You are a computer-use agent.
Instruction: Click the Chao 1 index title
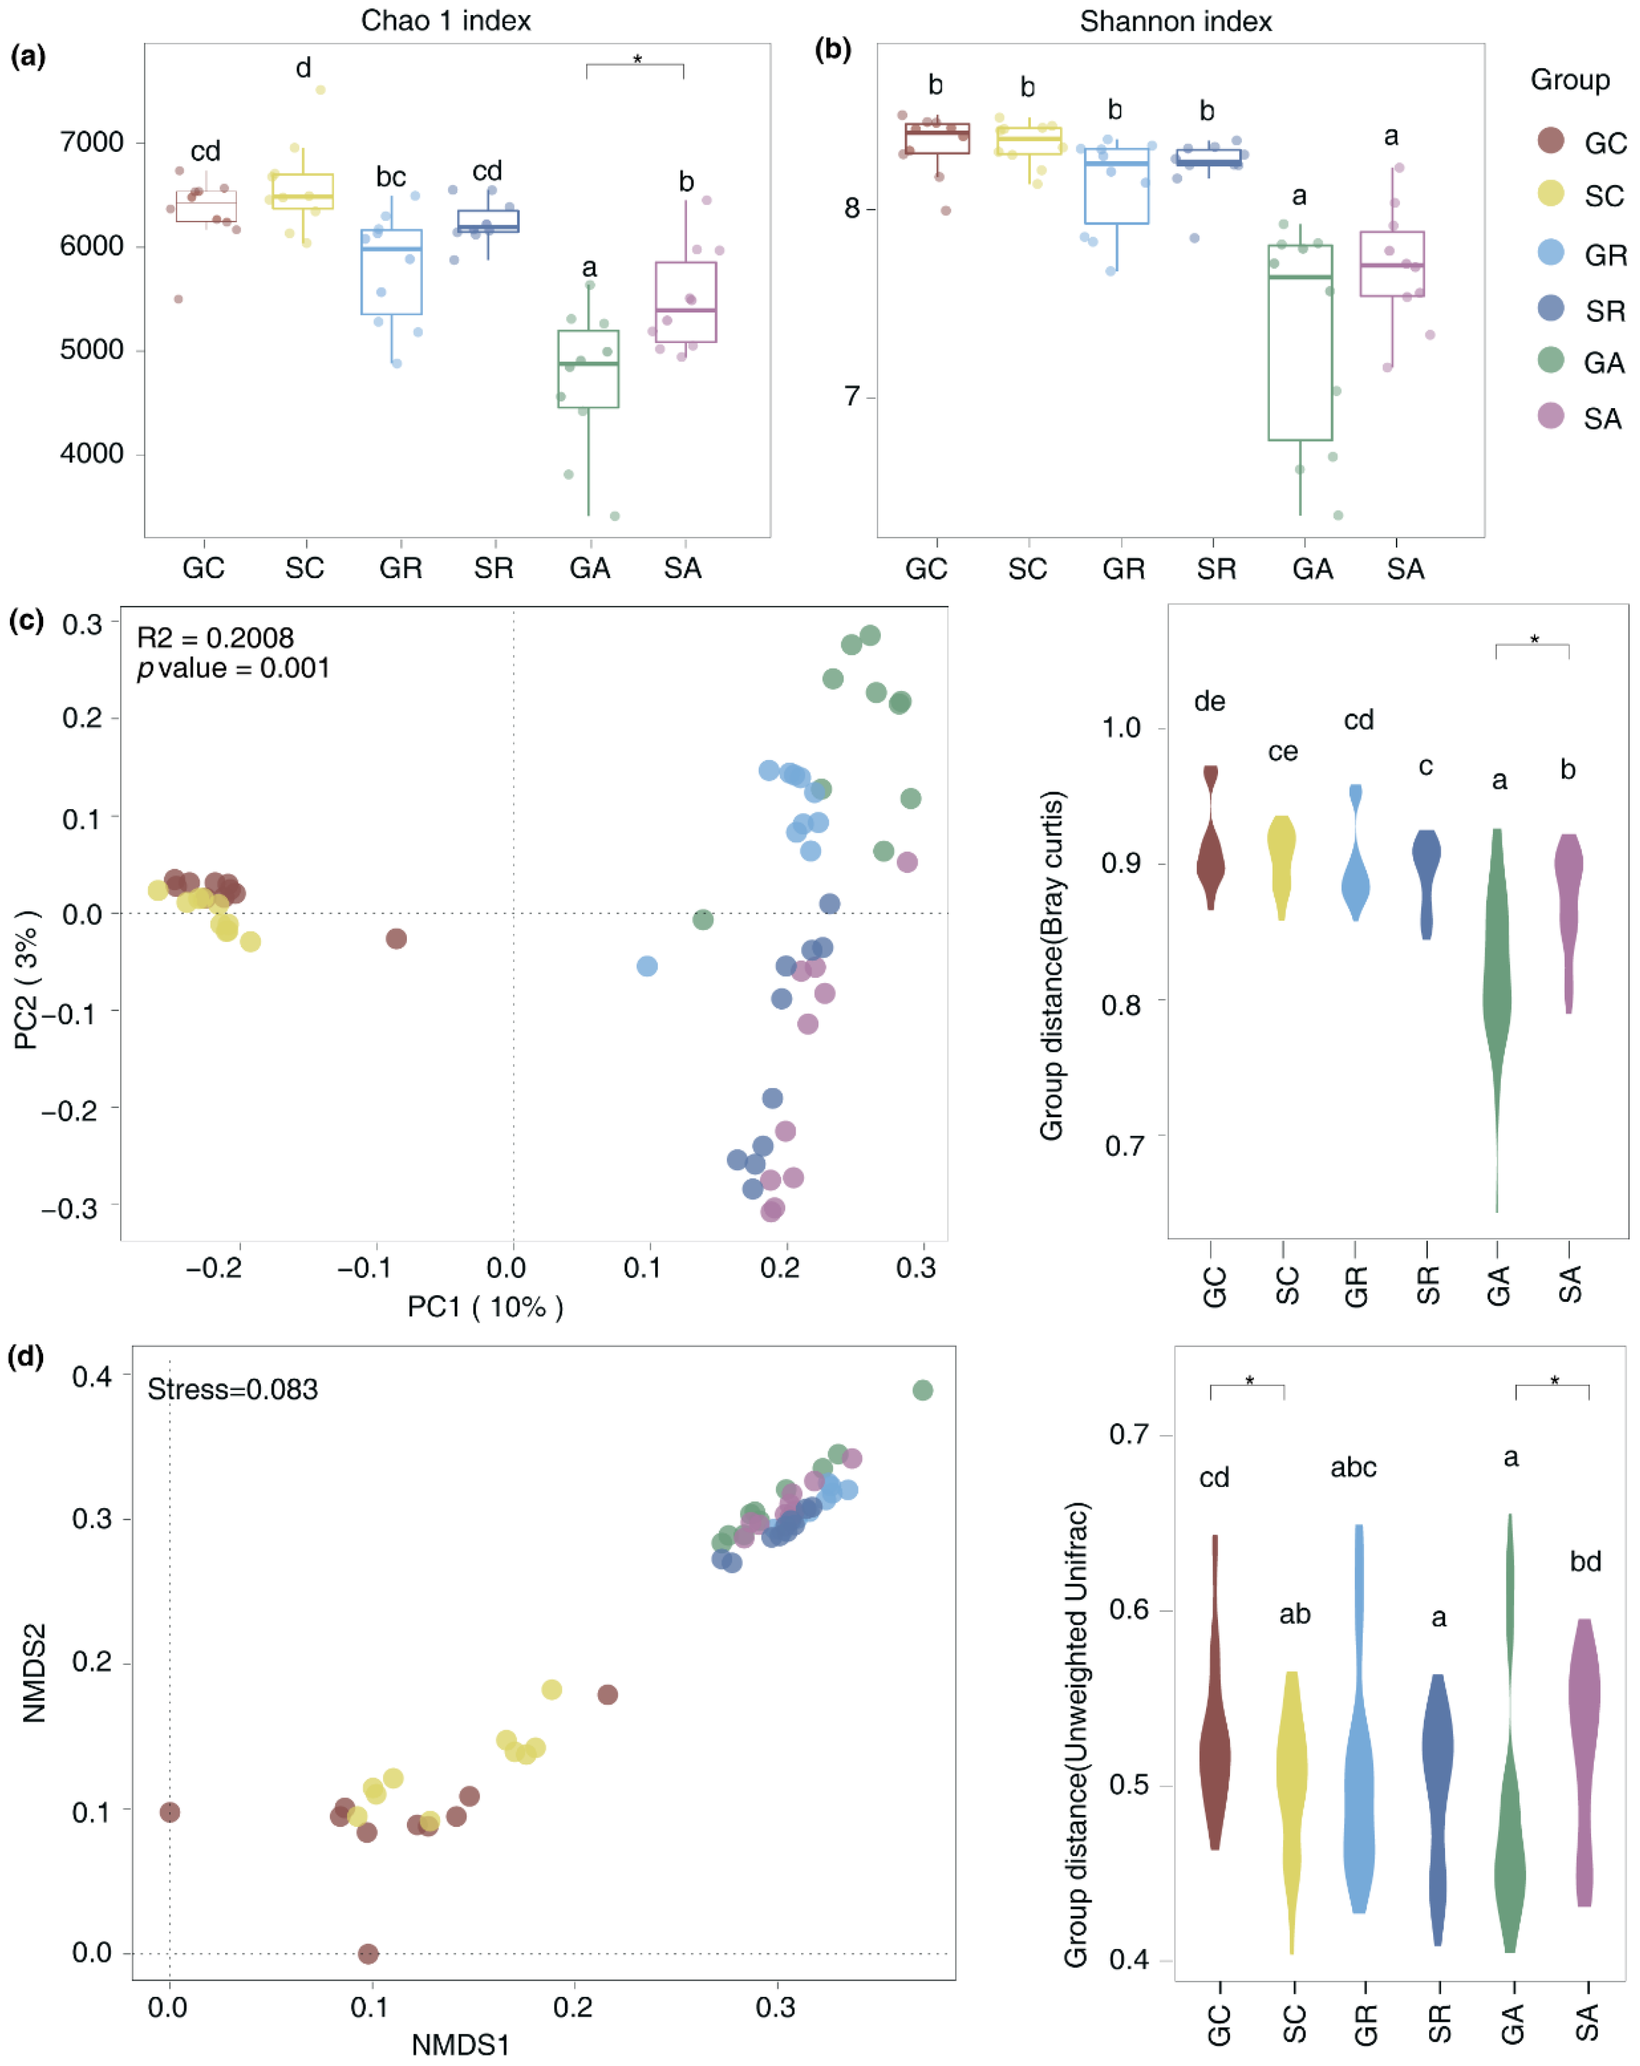[x=445, y=21]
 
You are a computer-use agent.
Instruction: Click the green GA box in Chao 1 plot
[x=588, y=369]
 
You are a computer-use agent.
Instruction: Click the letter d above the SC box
[x=303, y=68]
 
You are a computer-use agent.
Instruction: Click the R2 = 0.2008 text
[x=216, y=638]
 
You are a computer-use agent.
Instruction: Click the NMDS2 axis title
[x=34, y=1672]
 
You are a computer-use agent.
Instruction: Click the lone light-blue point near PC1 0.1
[x=646, y=966]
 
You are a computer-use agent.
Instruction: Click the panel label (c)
[x=26, y=621]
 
